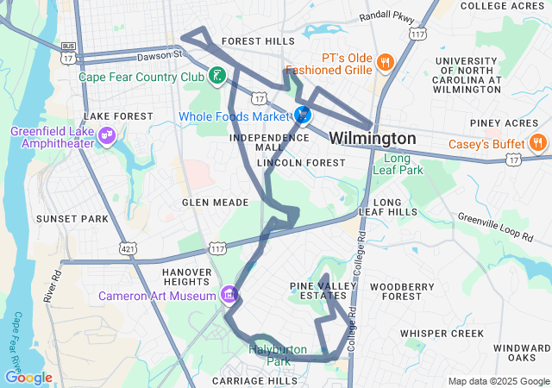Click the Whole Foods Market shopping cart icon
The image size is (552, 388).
point(303,116)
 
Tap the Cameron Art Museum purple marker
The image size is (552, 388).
point(229,296)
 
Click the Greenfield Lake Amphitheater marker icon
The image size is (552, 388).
point(106,135)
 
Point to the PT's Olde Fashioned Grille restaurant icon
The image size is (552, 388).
point(384,62)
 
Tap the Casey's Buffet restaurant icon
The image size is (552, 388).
point(536,142)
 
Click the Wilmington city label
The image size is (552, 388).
point(373,138)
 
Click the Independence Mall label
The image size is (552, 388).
point(257,142)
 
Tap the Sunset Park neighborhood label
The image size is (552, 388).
point(72,219)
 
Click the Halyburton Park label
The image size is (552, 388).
point(278,354)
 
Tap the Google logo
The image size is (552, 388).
point(28,378)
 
